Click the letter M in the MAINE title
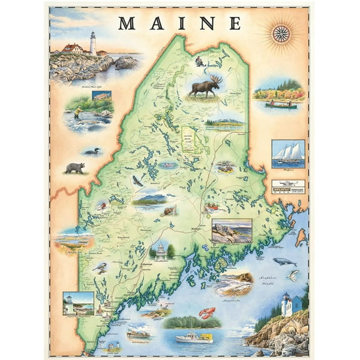tap(127, 23)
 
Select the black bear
tap(75, 167)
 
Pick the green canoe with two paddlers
tap(281, 105)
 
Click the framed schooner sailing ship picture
tap(288, 154)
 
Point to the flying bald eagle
tap(138, 181)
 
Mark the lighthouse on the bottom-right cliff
tap(286, 305)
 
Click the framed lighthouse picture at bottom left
tap(78, 303)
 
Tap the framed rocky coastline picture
tap(231, 231)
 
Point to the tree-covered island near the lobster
tap(193, 322)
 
